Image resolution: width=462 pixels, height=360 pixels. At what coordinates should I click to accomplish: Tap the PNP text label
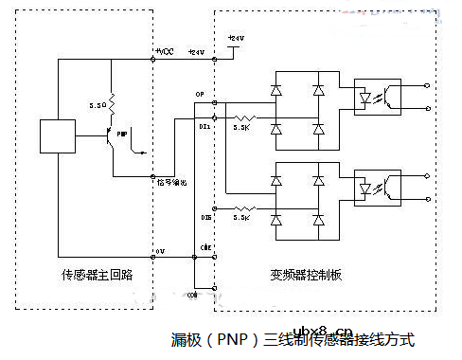pos(122,135)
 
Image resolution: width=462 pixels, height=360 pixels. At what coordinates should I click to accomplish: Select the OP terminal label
pos(200,95)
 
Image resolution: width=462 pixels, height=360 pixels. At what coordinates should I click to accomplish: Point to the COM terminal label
pos(193,296)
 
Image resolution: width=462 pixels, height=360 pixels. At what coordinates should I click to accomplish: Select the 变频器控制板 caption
pos(313,274)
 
